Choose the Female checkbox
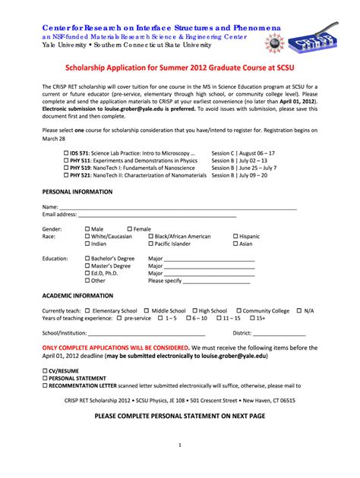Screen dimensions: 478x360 (x=130, y=228)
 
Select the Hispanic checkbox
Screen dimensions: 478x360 (x=236, y=236)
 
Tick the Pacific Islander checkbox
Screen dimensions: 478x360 (x=151, y=244)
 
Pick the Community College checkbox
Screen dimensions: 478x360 (x=236, y=310)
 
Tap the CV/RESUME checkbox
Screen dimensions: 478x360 (x=45, y=370)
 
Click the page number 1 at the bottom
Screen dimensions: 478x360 (x=178, y=445)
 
